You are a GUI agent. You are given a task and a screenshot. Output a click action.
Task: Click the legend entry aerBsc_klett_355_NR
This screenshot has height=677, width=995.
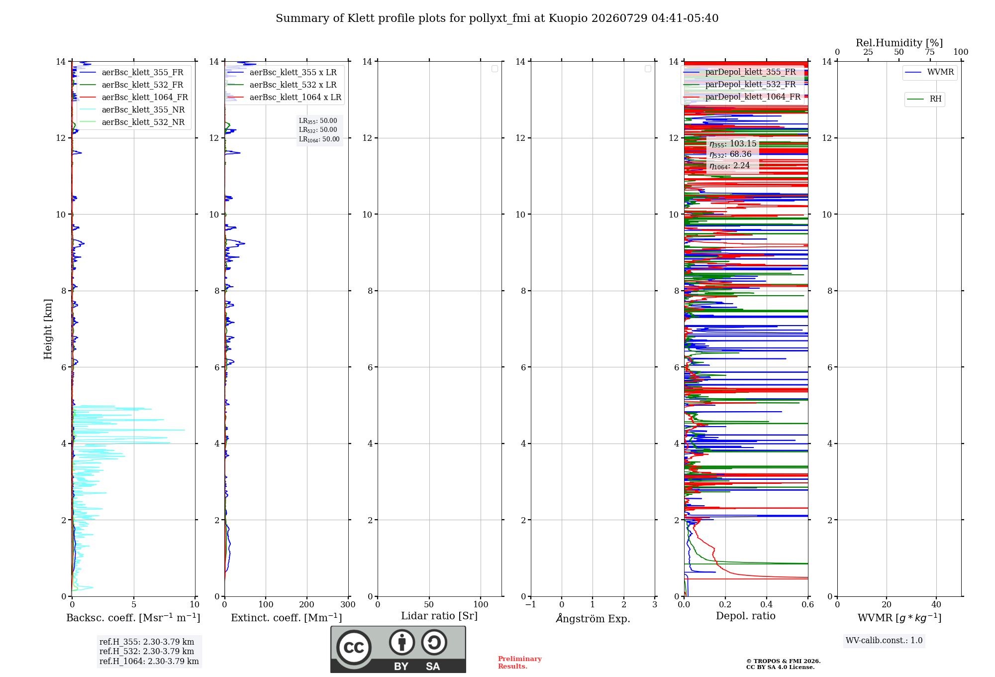click(x=132, y=110)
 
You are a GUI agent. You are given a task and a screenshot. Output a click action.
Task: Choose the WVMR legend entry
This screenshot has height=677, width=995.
click(x=929, y=72)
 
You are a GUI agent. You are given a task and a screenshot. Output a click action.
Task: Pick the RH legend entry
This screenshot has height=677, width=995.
click(x=924, y=99)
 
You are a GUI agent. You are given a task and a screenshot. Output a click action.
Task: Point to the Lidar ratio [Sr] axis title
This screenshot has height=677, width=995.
click(x=439, y=616)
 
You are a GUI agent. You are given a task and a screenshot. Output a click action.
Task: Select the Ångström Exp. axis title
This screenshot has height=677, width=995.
click(x=593, y=618)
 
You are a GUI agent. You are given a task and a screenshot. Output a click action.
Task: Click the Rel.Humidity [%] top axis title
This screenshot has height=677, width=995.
click(x=899, y=43)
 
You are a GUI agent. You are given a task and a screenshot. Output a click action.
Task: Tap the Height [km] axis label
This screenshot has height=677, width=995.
click(x=48, y=329)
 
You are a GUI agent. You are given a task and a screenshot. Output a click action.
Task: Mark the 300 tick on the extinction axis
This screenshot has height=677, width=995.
click(x=348, y=604)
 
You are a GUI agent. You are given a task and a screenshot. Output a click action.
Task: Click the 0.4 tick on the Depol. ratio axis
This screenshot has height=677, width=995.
click(x=767, y=604)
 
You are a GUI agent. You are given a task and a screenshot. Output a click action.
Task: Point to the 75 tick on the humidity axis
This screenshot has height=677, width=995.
click(x=930, y=52)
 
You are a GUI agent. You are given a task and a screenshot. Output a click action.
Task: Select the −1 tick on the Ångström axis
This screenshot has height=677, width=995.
click(x=531, y=604)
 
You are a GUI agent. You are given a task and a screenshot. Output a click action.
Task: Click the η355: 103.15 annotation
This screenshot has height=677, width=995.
click(x=733, y=144)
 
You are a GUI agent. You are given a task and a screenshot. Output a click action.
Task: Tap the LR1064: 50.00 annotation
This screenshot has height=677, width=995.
click(x=319, y=139)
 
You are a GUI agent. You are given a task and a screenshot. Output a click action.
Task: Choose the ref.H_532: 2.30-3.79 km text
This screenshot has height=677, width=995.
click(x=147, y=651)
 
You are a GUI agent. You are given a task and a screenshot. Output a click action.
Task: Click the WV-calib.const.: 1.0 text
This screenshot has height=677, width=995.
click(x=884, y=641)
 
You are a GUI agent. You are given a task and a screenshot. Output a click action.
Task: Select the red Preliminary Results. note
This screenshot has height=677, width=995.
click(x=520, y=663)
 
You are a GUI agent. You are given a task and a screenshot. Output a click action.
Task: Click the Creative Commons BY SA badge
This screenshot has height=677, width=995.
click(x=398, y=649)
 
